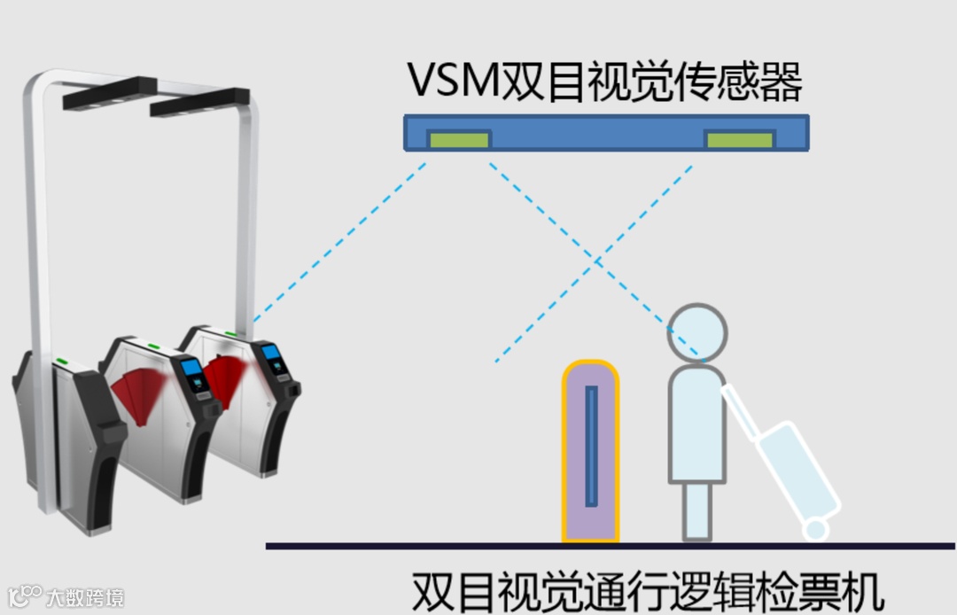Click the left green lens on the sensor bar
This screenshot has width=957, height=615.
(459, 139)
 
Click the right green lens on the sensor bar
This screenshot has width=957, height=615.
(739, 139)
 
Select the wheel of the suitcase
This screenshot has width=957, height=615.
(814, 529)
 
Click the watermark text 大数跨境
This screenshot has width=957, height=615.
(85, 597)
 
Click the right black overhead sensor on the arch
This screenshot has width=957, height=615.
(198, 101)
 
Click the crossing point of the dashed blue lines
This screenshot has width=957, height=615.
(596, 262)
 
